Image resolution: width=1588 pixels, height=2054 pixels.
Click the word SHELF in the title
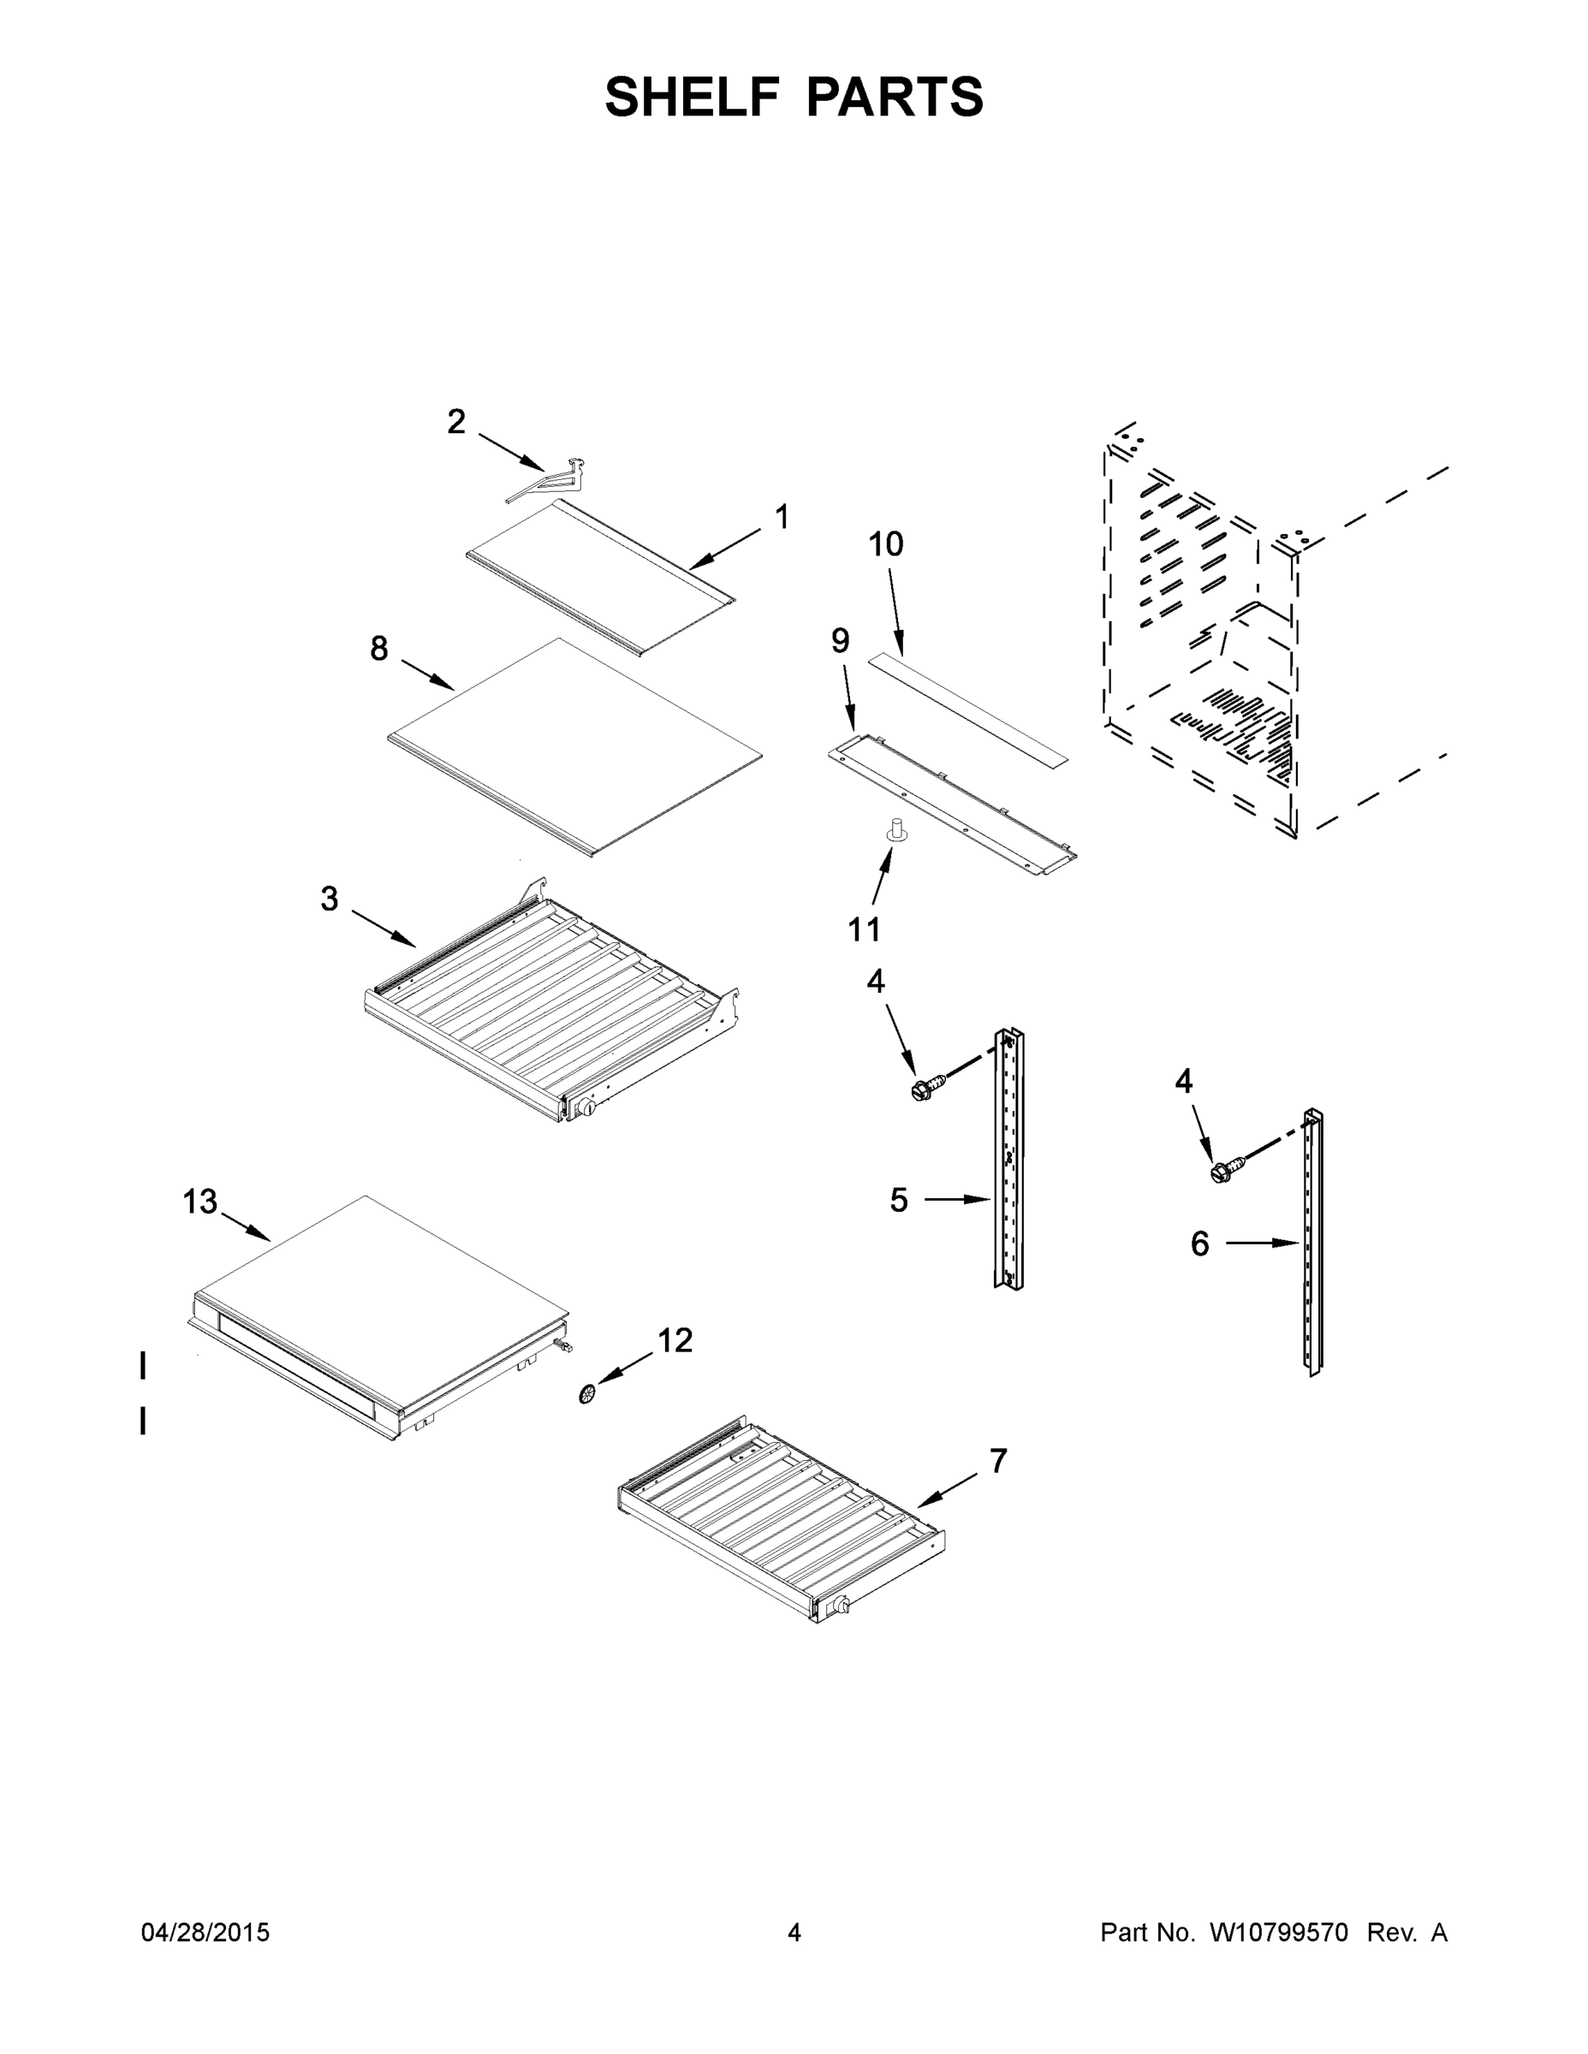[693, 97]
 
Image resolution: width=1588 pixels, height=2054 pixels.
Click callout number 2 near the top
[456, 422]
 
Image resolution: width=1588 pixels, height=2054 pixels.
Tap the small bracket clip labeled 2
[551, 481]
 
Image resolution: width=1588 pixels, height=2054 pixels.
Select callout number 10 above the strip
[885, 544]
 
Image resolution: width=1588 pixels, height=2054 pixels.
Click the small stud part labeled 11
[897, 830]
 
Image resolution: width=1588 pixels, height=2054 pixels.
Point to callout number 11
[864, 929]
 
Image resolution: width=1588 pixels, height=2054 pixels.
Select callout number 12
[675, 1340]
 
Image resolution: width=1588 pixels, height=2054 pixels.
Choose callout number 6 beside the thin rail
[1199, 1244]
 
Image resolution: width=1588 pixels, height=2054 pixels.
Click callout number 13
[199, 1202]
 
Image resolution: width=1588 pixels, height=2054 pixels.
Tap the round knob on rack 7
[841, 1605]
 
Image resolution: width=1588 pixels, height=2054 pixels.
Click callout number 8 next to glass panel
[378, 648]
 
